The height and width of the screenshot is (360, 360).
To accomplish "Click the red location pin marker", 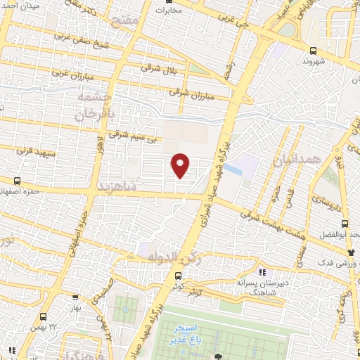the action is [x=181, y=165].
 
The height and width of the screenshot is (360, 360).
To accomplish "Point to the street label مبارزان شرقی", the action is [x=190, y=92].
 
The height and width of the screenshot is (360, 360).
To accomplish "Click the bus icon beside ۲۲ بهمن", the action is [x=44, y=316].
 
